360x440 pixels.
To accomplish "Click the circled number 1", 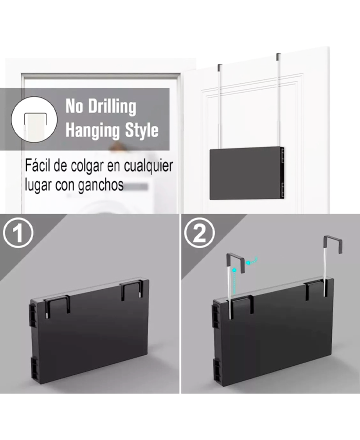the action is tap(18, 232).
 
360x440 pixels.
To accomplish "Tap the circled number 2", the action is tap(199, 232).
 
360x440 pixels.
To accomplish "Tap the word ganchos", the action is tap(100, 185).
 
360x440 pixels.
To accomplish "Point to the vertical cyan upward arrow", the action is tap(235, 281).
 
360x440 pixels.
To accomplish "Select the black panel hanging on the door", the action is tap(247, 173).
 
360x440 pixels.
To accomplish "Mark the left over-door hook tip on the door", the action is tap(219, 67).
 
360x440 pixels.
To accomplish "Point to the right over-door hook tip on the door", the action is tap(278, 56).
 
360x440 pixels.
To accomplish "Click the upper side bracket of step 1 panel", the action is tap(33, 315).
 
